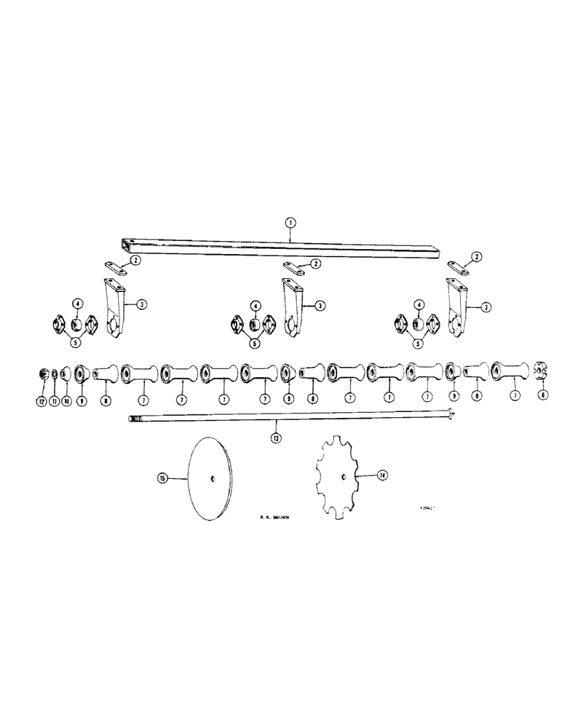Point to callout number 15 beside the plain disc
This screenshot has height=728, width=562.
click(x=162, y=478)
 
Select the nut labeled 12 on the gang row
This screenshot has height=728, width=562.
click(x=43, y=374)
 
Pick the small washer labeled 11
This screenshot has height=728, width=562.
click(x=54, y=374)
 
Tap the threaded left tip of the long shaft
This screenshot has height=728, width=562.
click(x=133, y=419)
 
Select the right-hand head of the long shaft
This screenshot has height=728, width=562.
click(x=452, y=416)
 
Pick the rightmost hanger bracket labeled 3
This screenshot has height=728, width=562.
click(x=456, y=309)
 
